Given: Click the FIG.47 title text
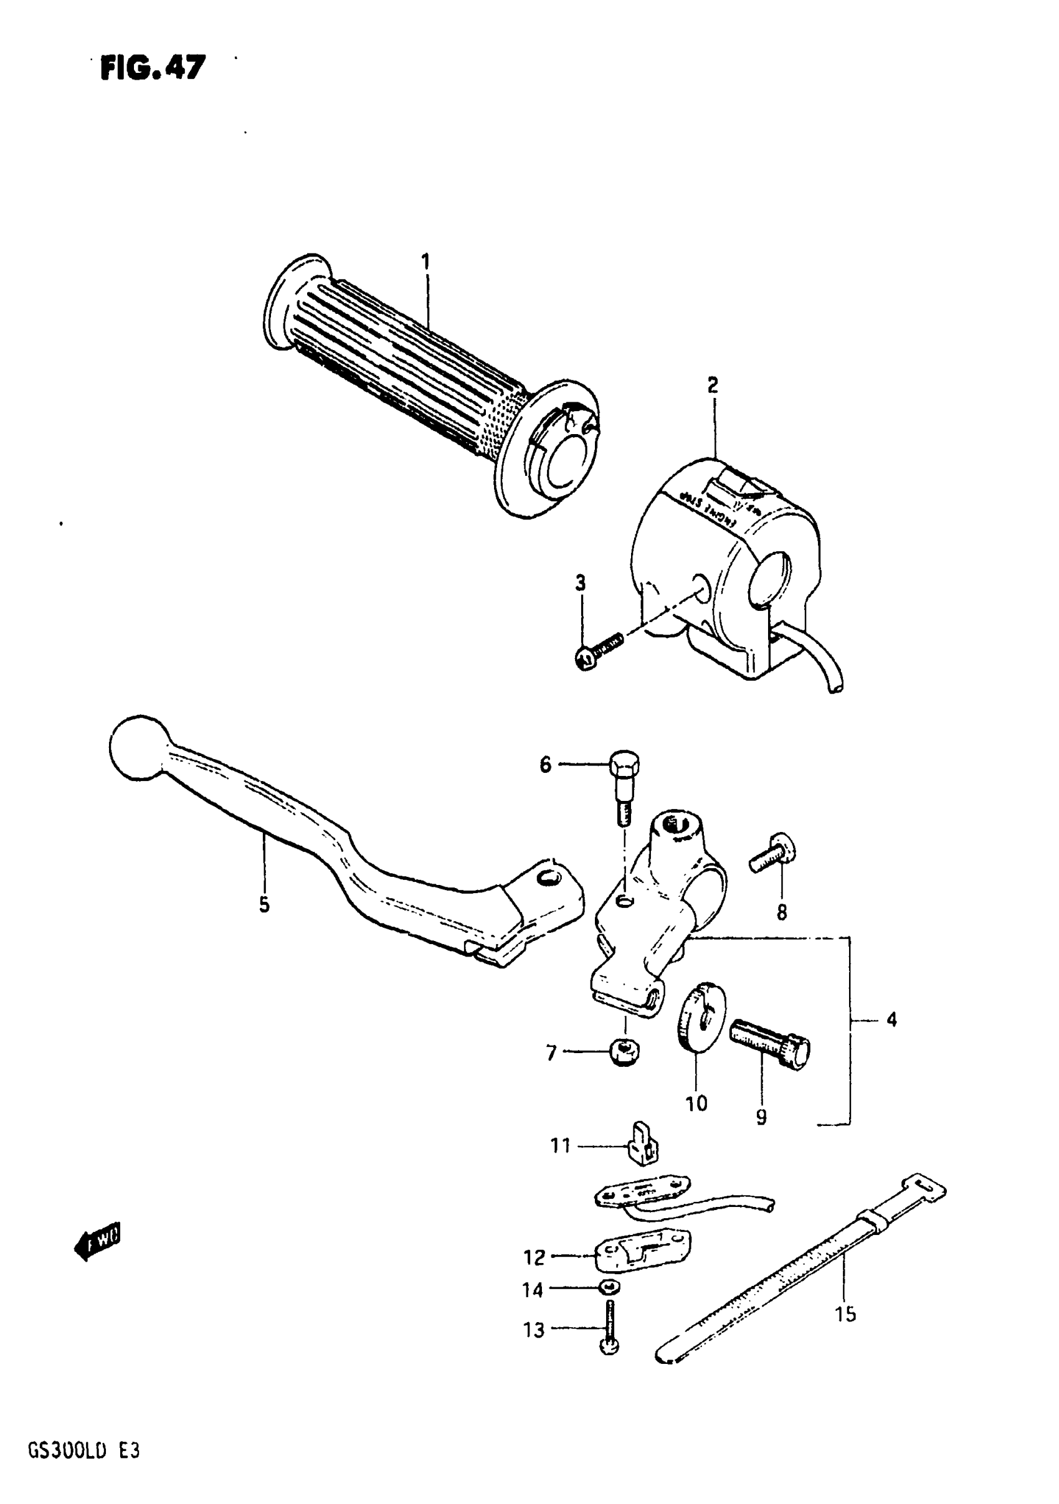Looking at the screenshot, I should [153, 67].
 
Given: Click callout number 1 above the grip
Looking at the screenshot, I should [425, 263].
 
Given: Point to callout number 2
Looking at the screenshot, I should [713, 385].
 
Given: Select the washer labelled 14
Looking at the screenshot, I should [609, 1287].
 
